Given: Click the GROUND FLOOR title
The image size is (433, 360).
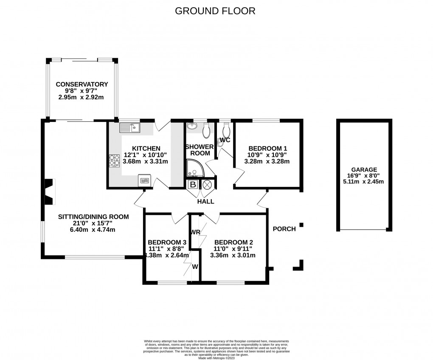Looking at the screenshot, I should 215,11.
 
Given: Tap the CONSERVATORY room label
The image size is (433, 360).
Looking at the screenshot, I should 82,84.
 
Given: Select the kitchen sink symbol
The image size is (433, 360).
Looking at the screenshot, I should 130,127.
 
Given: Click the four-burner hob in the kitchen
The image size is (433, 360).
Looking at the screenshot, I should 114,161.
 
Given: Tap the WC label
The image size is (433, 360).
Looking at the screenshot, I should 225,141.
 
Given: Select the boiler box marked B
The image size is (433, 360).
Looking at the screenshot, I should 192,185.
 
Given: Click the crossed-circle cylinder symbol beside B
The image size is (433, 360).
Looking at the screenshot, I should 207,185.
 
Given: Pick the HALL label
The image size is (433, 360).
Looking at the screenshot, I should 205,202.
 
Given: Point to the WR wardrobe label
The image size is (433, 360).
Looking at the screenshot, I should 196,232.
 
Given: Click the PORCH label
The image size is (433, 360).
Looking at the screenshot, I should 284,229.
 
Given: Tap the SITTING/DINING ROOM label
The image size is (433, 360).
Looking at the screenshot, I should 93,217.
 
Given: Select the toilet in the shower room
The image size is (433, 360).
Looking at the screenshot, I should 206,131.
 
